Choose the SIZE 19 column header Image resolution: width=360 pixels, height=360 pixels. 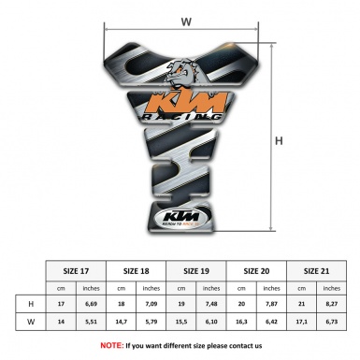(198, 271)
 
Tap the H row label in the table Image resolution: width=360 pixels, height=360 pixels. (32, 303)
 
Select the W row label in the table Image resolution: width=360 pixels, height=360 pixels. (32, 322)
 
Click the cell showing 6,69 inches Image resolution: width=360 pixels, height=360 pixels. (92, 303)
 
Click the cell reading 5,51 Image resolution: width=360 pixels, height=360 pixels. (92, 322)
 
